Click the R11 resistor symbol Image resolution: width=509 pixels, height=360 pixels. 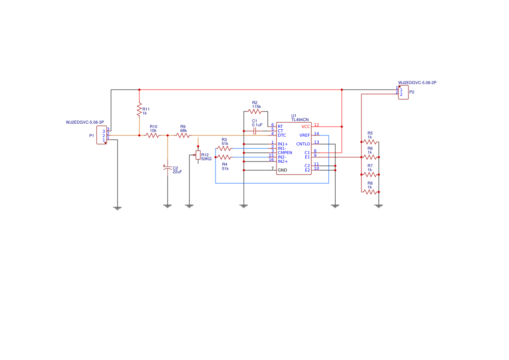(139, 110)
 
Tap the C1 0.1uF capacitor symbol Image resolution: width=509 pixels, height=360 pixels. (254, 131)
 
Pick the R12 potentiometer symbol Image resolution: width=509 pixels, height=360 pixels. (198, 155)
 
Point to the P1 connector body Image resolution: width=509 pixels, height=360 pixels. (101, 135)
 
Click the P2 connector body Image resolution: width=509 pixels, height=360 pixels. (403, 92)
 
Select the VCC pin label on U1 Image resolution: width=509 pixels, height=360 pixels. (306, 127)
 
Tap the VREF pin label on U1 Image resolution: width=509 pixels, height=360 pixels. (305, 135)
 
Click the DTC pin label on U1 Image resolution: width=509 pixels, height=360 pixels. (282, 135)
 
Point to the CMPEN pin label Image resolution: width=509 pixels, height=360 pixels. (285, 153)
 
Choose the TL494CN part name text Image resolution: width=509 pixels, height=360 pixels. (300, 119)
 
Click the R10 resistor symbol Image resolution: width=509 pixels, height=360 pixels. (153, 135)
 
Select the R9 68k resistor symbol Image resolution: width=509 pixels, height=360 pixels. (183, 135)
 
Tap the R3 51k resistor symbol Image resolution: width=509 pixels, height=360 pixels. (224, 148)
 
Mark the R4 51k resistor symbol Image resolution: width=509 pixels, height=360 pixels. (224, 157)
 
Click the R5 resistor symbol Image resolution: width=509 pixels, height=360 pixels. (370, 142)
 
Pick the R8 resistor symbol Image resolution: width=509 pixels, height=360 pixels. (370, 192)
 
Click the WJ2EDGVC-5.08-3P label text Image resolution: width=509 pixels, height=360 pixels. (85, 122)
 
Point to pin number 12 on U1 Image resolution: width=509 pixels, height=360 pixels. (317, 125)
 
